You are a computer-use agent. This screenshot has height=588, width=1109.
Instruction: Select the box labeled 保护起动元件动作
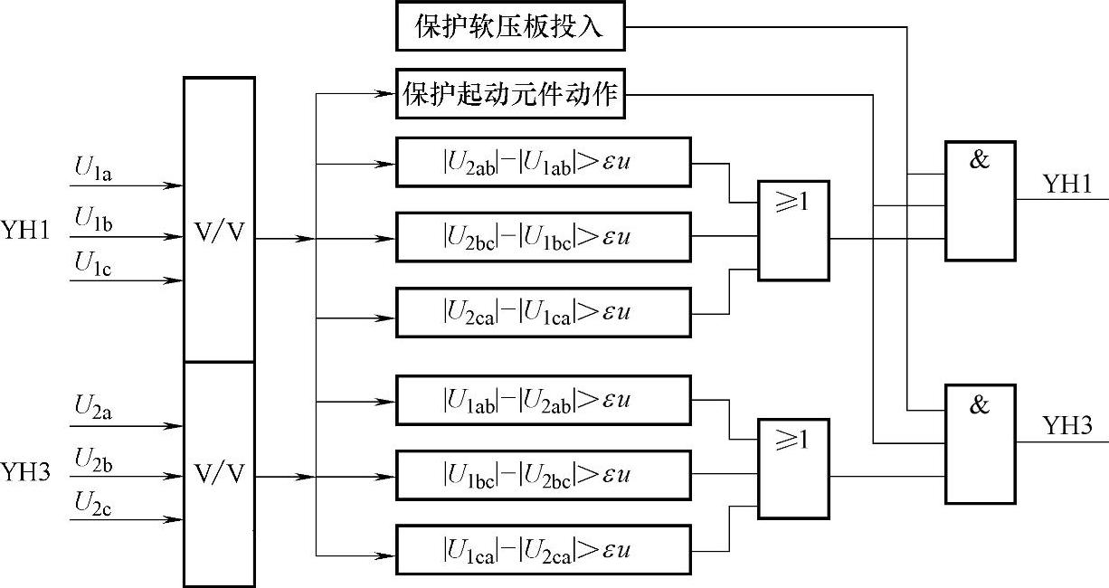[511, 94]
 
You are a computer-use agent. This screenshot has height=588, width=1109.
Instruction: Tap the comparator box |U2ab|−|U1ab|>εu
[543, 163]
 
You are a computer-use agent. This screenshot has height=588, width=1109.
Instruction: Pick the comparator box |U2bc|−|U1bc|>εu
[543, 238]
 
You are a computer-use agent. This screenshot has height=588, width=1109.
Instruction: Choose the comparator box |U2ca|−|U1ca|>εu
[543, 312]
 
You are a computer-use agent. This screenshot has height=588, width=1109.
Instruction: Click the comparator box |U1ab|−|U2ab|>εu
[543, 401]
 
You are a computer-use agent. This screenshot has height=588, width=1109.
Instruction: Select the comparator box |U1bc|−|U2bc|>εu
[543, 475]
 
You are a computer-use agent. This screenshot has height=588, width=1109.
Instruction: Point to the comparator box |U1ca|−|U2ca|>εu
[543, 550]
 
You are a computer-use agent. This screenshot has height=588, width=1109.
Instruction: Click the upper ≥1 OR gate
[793, 231]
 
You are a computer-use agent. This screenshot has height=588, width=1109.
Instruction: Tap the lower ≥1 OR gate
[793, 469]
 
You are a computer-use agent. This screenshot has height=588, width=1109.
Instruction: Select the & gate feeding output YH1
[980, 201]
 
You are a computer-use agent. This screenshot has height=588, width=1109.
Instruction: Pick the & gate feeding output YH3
[980, 443]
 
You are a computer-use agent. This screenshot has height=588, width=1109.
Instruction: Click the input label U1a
[93, 167]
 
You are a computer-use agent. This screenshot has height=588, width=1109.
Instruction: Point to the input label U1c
[93, 263]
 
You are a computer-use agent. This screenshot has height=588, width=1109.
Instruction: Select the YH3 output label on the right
[1068, 426]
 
